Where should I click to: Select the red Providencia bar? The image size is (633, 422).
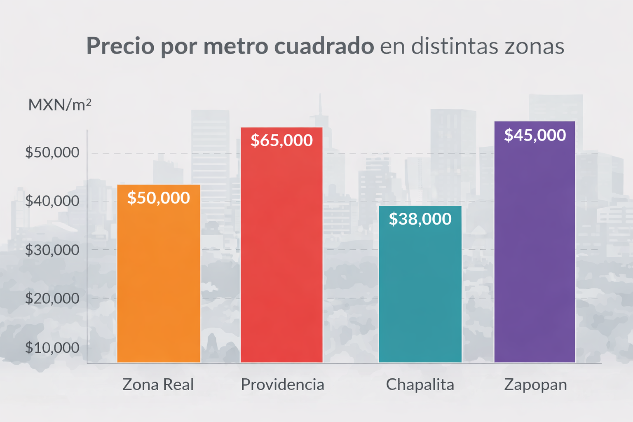pos(281,256)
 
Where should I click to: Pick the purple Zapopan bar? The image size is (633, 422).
pos(535,256)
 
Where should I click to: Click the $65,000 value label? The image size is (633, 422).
pos(281,141)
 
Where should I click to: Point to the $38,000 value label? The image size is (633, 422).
pos(420,219)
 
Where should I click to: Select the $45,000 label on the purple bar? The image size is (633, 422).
pos(535,135)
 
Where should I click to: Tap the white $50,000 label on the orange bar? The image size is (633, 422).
pos(159,198)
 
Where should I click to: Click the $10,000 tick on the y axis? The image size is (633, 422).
pos(52,347)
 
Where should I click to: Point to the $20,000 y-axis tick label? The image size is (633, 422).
pos(52,298)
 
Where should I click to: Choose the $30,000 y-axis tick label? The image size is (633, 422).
pos(52,250)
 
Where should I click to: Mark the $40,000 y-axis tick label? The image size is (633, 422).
pos(52,201)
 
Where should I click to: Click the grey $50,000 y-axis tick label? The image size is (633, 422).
pos(52,152)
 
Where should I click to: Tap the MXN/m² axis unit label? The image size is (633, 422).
pos(59,105)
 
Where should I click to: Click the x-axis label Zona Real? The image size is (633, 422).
pos(158,384)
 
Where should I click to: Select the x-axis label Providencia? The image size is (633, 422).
pos(282,384)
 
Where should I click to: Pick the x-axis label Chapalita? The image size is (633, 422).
pos(420,384)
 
